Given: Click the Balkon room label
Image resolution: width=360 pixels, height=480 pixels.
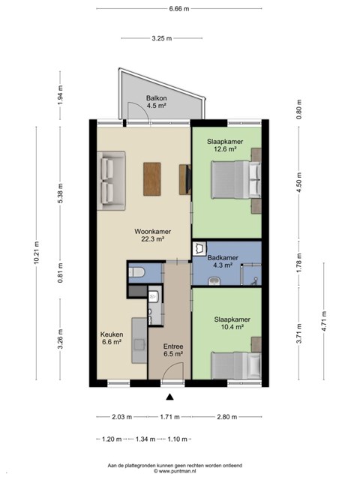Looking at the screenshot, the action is [x=157, y=98].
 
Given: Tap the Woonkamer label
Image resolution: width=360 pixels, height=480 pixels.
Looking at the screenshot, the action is [x=152, y=232].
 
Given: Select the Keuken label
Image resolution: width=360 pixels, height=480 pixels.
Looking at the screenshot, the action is [x=112, y=334].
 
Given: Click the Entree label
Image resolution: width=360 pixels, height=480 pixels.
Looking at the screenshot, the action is [x=173, y=346].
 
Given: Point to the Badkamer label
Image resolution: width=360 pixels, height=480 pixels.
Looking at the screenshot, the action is [x=223, y=258].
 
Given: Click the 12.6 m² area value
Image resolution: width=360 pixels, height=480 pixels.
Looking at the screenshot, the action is [x=225, y=149].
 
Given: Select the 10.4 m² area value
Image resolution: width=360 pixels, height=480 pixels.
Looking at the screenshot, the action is [x=232, y=327].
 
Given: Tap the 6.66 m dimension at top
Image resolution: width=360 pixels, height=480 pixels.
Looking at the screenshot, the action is [x=179, y=8].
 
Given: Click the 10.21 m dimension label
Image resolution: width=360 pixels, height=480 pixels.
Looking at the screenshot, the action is [x=37, y=253].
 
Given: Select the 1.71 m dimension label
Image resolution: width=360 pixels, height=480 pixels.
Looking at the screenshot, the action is [x=169, y=417].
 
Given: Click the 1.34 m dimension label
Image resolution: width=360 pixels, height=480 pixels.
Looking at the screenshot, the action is [x=145, y=439].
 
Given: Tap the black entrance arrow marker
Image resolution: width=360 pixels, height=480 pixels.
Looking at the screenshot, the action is [x=169, y=397].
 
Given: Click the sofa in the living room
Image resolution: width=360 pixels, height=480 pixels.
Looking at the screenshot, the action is [x=112, y=181].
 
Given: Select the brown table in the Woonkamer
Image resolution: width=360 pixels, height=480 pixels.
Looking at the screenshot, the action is [x=151, y=179].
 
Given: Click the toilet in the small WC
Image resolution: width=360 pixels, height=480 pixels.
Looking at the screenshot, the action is [x=136, y=271].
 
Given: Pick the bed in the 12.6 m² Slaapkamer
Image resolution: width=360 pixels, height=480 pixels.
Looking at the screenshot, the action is [x=236, y=180].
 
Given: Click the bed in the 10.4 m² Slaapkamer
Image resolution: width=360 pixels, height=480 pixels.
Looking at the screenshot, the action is [x=236, y=366].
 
